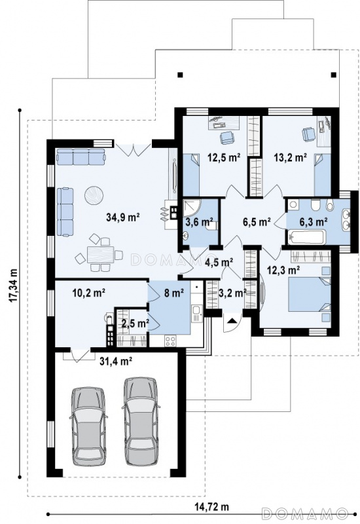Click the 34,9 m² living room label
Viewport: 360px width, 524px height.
pos(122,217)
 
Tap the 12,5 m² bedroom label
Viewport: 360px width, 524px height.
pos(225,157)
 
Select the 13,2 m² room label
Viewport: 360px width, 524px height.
pos(290,157)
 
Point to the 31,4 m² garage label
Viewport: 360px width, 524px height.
pos(117,361)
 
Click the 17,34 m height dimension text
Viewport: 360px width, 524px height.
pos(14,285)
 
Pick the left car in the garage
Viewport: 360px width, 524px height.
pos(88,426)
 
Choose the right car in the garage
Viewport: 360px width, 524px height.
pos(141,421)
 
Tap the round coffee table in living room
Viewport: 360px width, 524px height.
pos(94,195)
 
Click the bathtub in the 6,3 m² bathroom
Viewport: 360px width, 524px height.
pos(306,237)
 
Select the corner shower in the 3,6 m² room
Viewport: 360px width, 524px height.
pos(192,208)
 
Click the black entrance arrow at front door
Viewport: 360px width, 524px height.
pos(232,321)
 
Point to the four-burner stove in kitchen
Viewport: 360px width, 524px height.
pos(170,341)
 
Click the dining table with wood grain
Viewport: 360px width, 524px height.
pos(101,255)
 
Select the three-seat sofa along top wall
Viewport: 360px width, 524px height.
pos(81,157)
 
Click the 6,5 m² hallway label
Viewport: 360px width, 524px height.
pos(257,222)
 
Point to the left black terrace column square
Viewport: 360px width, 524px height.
pos(181,75)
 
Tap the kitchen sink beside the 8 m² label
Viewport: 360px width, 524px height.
pos(197,314)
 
